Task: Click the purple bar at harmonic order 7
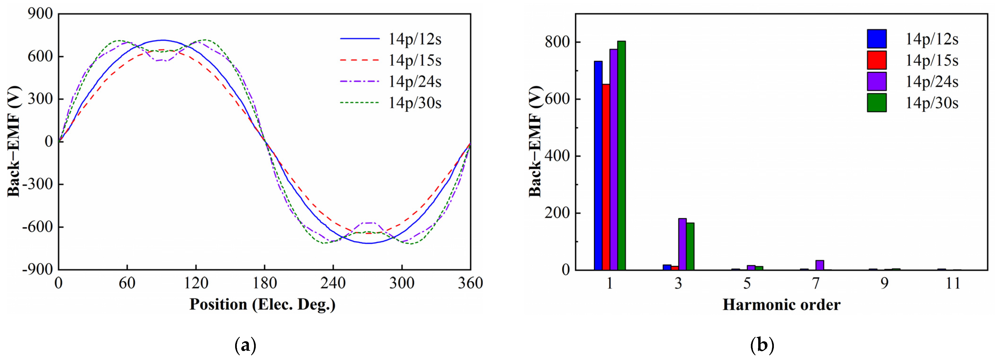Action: pyautogui.click(x=820, y=265)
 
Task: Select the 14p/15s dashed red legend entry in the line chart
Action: pyautogui.click(x=359, y=60)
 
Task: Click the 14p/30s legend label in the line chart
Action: pyautogui.click(x=415, y=103)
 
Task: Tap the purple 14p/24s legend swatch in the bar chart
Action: pyautogui.click(x=876, y=82)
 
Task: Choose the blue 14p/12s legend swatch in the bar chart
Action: pyautogui.click(x=876, y=39)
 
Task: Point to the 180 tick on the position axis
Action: pyautogui.click(x=265, y=283)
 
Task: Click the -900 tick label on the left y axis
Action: pyautogui.click(x=37, y=270)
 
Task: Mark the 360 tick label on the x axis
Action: pyautogui.click(x=470, y=283)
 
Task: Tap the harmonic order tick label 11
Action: pyautogui.click(x=953, y=283)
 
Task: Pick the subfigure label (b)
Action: pyautogui.click(x=762, y=345)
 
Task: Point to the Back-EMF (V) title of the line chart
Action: pyautogui.click(x=14, y=141)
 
